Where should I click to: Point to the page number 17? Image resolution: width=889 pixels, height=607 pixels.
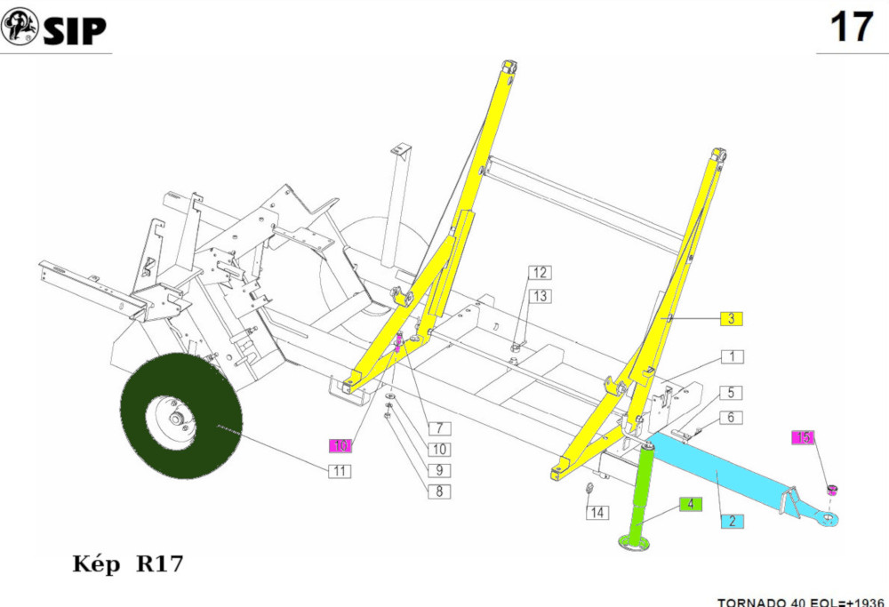click(851, 28)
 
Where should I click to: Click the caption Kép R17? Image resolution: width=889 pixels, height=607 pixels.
click(127, 564)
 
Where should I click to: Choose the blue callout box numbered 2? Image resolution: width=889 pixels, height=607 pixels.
click(732, 522)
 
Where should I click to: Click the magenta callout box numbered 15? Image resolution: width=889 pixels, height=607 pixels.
click(803, 437)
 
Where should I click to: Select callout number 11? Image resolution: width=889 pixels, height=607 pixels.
click(338, 471)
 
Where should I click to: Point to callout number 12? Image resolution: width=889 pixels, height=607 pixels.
click(541, 273)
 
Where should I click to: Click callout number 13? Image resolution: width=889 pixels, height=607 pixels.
click(541, 295)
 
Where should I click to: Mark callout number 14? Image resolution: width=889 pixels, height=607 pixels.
click(597, 513)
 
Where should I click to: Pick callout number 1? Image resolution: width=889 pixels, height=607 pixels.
click(732, 357)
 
